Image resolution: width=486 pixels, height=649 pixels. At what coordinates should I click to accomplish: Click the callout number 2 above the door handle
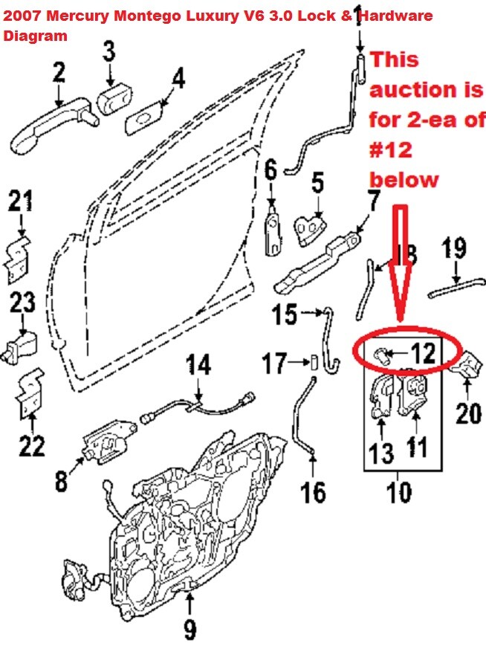(57, 73)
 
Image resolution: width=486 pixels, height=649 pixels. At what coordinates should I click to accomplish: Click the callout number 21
(22, 201)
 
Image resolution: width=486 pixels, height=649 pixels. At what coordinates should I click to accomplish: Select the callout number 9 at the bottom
(190, 630)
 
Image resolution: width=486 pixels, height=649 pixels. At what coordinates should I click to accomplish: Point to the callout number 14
(198, 366)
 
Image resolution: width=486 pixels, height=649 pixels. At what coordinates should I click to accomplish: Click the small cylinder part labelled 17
(314, 363)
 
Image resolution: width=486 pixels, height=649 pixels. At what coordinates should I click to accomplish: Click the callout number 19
(455, 247)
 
